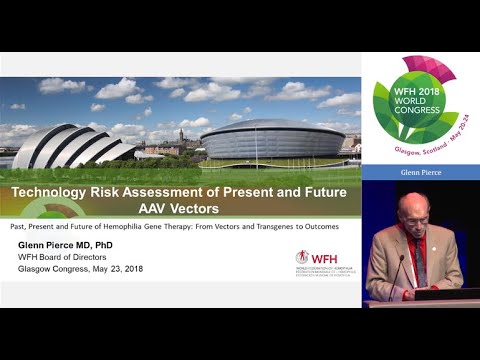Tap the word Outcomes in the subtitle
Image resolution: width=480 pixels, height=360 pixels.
pos(312,227)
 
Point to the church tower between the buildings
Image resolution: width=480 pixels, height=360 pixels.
pos(180,136)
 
